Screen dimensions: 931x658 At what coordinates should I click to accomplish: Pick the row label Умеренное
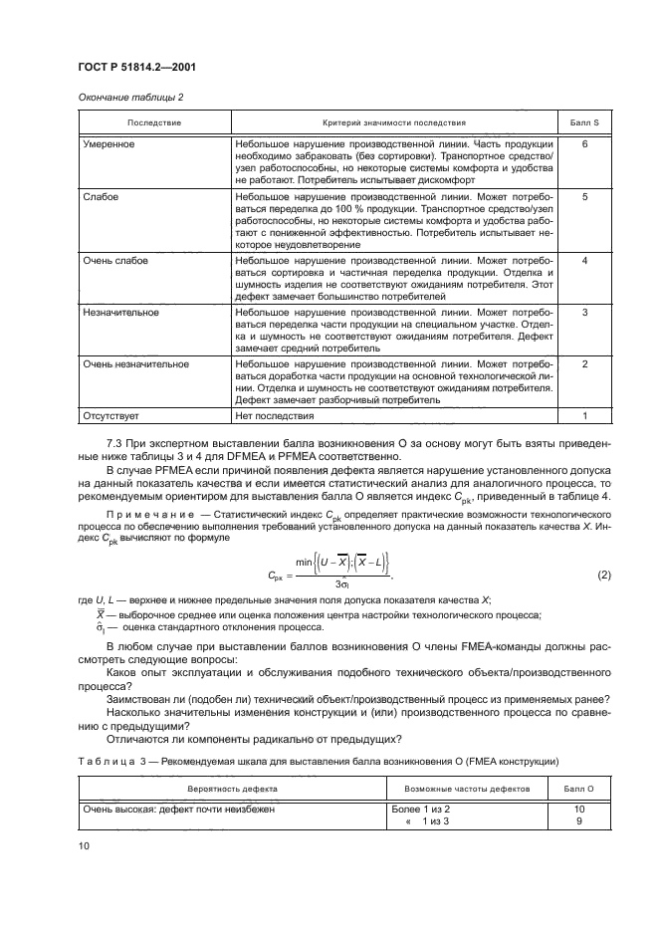pyautogui.click(x=110, y=144)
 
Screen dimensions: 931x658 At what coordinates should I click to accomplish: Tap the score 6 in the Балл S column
pyautogui.click(x=584, y=144)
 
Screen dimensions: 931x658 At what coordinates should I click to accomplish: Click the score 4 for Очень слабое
pyautogui.click(x=584, y=260)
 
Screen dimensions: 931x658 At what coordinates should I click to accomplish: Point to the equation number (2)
pyautogui.click(x=603, y=575)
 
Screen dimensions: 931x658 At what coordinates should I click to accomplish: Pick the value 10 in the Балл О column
pyautogui.click(x=577, y=810)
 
